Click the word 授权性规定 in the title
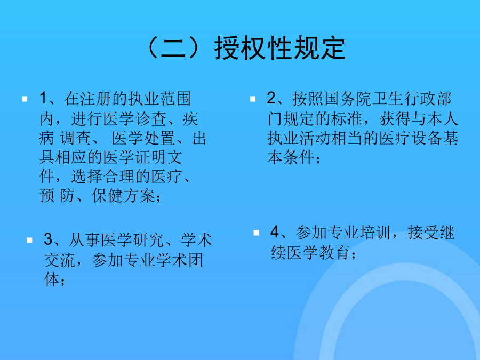pos(280,47)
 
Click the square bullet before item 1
pos(25,99)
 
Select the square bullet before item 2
pos(253,99)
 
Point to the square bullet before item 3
pos(29,240)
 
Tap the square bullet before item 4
pos(256,233)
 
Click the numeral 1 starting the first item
pos(43,98)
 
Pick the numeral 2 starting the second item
pos(271,98)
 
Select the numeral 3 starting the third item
pos(49,239)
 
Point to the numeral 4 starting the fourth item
pos(275,232)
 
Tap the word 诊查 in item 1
pos(151,119)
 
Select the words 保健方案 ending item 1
pos(123,196)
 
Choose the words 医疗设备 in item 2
pos(411,138)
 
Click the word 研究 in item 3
pos(149,240)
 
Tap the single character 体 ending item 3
pos(52,279)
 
